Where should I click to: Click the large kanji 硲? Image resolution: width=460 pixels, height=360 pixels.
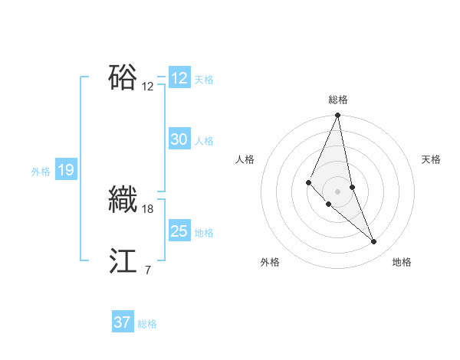(123, 77)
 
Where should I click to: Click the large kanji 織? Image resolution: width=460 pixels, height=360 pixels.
(123, 199)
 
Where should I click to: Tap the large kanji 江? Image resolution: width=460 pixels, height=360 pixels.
(123, 261)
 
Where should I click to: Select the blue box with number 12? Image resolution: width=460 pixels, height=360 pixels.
(179, 78)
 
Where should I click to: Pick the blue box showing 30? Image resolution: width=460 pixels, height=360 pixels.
(179, 139)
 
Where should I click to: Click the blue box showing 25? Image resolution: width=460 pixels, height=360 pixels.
(179, 231)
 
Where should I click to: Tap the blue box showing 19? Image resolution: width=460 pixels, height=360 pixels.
(66, 170)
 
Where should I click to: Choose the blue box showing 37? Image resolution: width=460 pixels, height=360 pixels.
(123, 322)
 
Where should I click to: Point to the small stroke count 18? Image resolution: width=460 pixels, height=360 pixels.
(148, 208)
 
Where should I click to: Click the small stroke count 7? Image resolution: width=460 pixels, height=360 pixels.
(147, 270)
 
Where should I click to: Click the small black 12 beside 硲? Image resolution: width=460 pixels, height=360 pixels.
(148, 86)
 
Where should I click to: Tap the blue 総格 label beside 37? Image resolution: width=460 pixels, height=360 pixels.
(147, 324)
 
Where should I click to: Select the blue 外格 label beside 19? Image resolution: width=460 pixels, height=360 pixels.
(41, 172)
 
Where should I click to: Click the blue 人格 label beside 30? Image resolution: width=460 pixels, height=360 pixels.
(204, 141)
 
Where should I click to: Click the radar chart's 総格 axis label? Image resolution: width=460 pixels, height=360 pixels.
(338, 100)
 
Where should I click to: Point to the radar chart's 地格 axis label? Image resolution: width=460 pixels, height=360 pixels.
(402, 262)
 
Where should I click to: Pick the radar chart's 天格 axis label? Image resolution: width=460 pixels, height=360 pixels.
(432, 159)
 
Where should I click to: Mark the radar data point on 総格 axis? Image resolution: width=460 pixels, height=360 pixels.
(338, 116)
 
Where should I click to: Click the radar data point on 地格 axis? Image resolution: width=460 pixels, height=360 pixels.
(374, 242)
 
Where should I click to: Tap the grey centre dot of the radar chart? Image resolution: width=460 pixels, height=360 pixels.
(338, 191)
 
